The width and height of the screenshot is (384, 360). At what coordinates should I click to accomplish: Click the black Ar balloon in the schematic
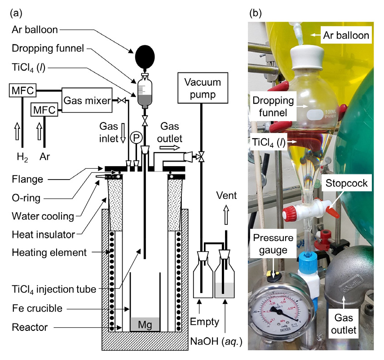[144, 55]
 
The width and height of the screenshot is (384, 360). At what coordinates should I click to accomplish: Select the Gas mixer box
[87, 101]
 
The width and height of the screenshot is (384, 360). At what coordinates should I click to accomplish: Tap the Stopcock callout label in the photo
[346, 183]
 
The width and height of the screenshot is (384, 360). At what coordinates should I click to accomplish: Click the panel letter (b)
[256, 13]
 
